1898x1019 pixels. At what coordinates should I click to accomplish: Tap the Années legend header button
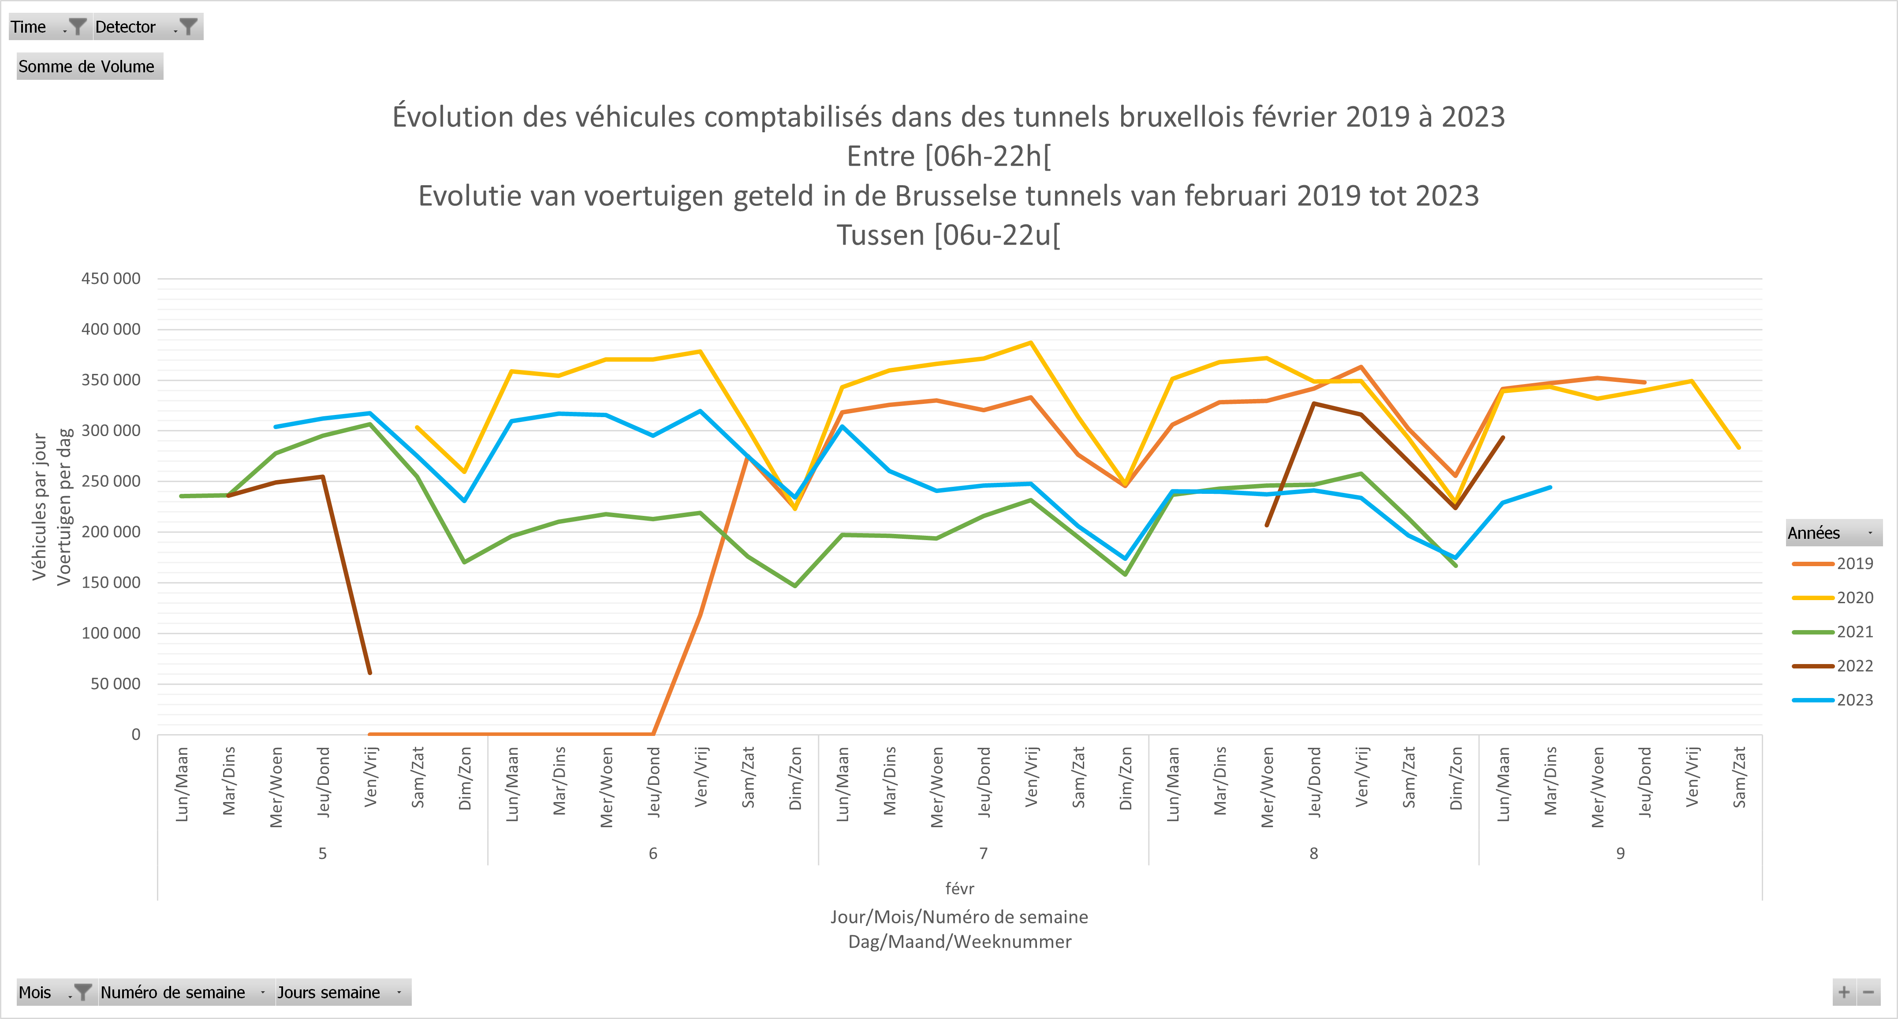[1832, 533]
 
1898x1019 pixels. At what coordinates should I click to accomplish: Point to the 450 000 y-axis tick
[111, 279]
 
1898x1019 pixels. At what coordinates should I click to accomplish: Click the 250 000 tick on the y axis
[111, 481]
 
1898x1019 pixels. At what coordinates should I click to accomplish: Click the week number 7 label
[983, 853]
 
